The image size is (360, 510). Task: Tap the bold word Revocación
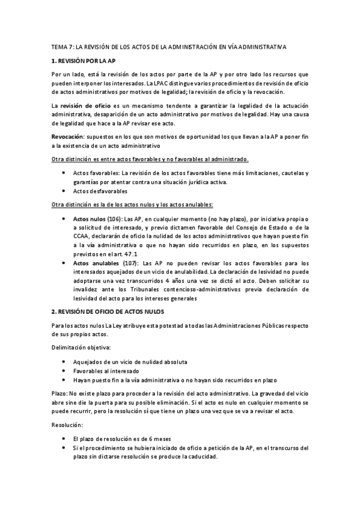coord(69,137)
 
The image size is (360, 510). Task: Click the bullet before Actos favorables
coord(65,173)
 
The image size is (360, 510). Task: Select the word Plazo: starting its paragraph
coord(61,392)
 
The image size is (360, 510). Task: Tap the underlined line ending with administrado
coord(150,159)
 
